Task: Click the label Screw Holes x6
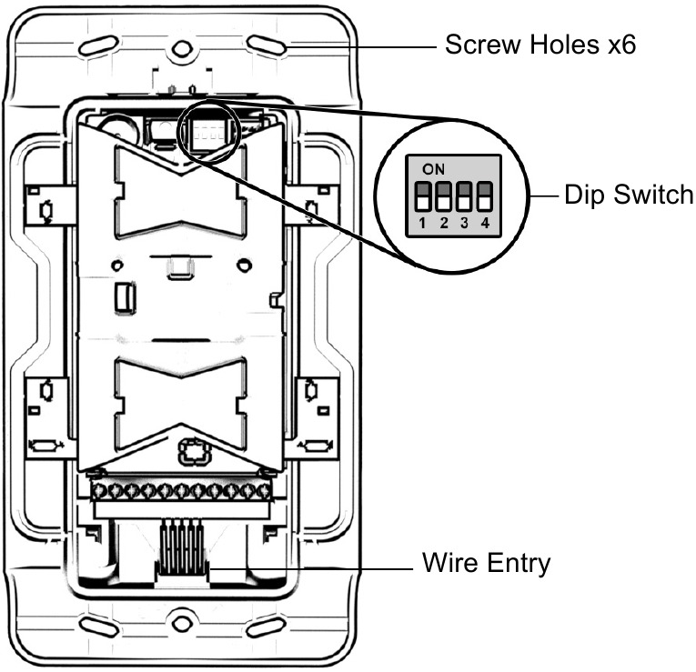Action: (x=540, y=45)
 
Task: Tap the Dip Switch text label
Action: (x=629, y=195)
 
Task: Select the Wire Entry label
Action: (x=487, y=563)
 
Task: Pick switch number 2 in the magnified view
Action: (x=445, y=196)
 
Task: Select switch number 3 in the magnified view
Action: (x=465, y=196)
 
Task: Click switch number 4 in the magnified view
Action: (x=484, y=196)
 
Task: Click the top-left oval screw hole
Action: (x=97, y=45)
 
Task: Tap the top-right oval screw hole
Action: (x=267, y=45)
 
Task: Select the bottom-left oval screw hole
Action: (x=97, y=627)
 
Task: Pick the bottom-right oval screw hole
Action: (x=267, y=627)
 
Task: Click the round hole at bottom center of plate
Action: (x=182, y=625)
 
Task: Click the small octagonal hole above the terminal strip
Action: (x=193, y=451)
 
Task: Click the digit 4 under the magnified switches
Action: (x=484, y=224)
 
